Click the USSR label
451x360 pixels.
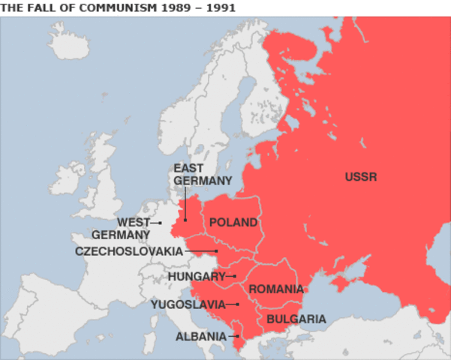[x=360, y=178]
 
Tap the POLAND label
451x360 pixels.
[x=233, y=223]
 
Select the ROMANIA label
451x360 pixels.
[x=276, y=289]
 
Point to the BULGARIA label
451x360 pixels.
[x=296, y=319]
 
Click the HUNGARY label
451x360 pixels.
[x=197, y=277]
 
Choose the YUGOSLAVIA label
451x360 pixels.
[x=188, y=304]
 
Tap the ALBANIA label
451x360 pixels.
[x=200, y=337]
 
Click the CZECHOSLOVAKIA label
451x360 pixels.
[x=129, y=251]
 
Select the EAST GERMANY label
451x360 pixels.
[x=203, y=174]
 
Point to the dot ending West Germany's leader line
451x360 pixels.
[x=160, y=223]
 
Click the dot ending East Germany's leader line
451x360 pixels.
[x=185, y=220]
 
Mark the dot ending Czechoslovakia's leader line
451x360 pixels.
[x=217, y=251]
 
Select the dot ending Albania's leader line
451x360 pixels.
[x=237, y=337]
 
